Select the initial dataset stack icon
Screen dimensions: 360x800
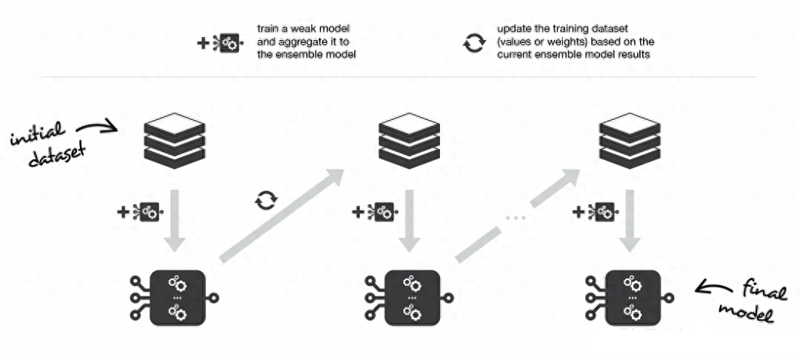172,139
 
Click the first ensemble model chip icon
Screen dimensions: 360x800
176,297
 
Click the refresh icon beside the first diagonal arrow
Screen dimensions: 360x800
264,200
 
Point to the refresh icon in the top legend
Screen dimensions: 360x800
472,43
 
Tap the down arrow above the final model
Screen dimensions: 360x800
630,220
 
